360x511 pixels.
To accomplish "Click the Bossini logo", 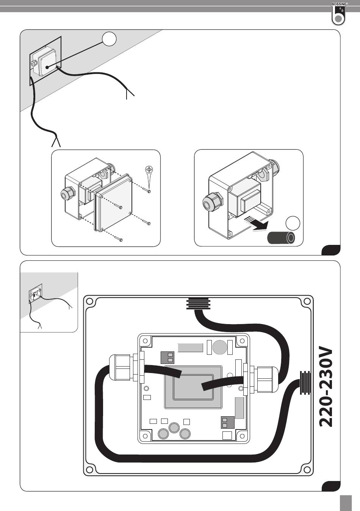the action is click(338, 14).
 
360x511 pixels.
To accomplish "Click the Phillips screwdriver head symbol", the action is click(149, 169).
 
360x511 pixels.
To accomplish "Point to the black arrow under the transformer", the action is click(256, 224).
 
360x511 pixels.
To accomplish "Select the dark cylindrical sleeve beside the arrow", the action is click(281, 238).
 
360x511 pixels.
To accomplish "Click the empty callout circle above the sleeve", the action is click(293, 224).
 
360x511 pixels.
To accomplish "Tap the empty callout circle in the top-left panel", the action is click(109, 39).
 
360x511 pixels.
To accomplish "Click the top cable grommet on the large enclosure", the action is click(198, 303).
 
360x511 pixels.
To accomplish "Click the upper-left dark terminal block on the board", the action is click(167, 357).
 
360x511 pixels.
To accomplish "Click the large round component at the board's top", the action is click(220, 347).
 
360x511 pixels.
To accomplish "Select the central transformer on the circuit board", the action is click(193, 387).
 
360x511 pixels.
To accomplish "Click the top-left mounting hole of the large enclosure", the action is click(89, 301).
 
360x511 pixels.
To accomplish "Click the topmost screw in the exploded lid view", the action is click(147, 190).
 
